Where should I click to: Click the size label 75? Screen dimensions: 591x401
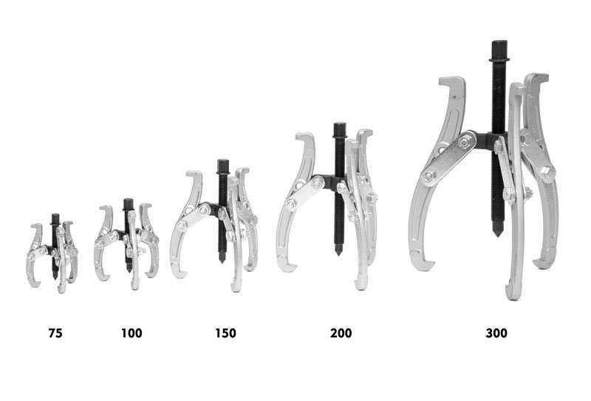tap(55, 333)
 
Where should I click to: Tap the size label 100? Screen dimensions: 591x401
tap(131, 333)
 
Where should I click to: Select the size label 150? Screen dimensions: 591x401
tap(225, 333)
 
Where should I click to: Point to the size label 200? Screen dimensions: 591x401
tap(341, 333)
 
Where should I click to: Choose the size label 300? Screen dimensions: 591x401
tap(496, 333)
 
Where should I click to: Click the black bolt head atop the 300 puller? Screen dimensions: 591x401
tap(499, 50)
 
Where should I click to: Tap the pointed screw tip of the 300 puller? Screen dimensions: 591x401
tap(498, 229)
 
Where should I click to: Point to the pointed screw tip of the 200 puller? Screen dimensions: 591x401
tap(339, 250)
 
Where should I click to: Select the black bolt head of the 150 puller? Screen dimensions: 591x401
tap(223, 166)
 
